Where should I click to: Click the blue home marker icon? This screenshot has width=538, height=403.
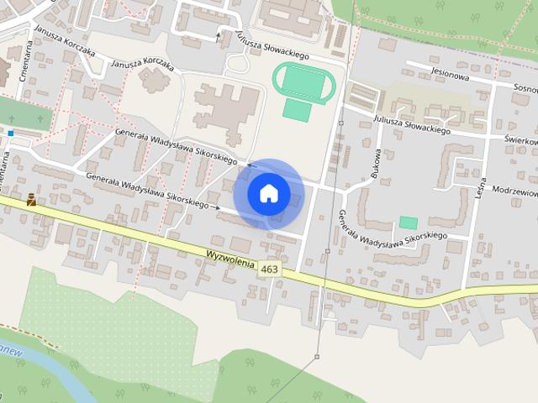click(268, 193)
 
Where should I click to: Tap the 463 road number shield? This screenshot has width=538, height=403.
click(269, 270)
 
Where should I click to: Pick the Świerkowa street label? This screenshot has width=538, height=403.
click(520, 141)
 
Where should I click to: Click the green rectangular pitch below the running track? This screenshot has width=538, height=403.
click(296, 109)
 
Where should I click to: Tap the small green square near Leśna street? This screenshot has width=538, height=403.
click(409, 222)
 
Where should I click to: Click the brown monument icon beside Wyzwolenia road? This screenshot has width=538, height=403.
click(31, 200)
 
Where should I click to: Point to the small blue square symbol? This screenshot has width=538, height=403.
click(11, 133)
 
